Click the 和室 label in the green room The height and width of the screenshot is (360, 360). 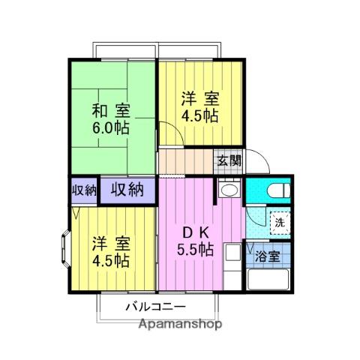pyautogui.click(x=111, y=109)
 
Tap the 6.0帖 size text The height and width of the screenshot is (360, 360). pyautogui.click(x=111, y=127)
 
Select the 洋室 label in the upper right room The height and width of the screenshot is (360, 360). pyautogui.click(x=199, y=98)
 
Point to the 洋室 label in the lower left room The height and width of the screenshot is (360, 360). pyautogui.click(x=111, y=244)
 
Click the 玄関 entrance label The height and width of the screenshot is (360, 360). pyautogui.click(x=229, y=160)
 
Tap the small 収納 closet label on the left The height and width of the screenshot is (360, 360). pyautogui.click(x=85, y=190)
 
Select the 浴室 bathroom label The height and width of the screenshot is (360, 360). pyautogui.click(x=267, y=256)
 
